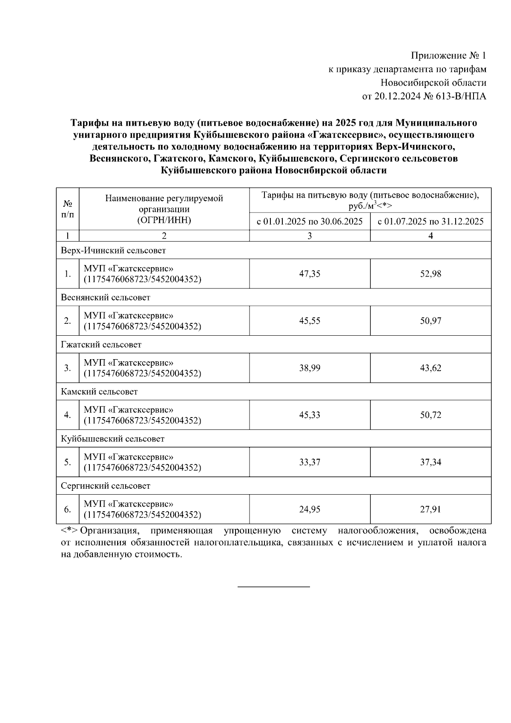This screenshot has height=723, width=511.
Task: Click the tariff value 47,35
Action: tap(310, 274)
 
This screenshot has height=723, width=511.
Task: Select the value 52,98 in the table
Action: tap(431, 274)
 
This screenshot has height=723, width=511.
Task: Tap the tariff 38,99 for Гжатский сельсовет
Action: tap(310, 368)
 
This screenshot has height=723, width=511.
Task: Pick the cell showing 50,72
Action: tap(431, 415)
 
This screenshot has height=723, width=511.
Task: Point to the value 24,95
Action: tap(310, 509)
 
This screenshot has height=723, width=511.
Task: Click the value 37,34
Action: tap(431, 462)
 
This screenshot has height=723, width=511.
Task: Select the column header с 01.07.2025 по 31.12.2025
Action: tap(431, 222)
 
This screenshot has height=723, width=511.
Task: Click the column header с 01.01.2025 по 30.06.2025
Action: tap(310, 222)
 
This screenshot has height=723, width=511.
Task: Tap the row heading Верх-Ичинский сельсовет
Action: tap(113, 251)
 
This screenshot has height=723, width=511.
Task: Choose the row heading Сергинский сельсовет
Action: tap(106, 486)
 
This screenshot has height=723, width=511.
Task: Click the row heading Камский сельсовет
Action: tap(99, 391)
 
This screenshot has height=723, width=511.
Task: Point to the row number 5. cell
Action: tap(67, 462)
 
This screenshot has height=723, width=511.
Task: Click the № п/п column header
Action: tap(67, 209)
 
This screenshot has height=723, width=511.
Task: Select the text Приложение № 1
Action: tap(448, 56)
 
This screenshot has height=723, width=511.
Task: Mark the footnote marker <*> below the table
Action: tap(69, 531)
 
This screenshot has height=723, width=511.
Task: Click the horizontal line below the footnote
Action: tap(273, 587)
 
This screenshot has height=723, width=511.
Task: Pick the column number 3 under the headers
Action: tap(310, 236)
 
